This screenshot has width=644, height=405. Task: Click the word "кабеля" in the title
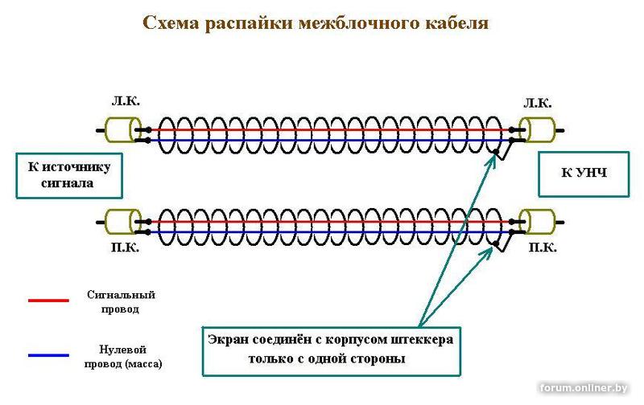[456, 23]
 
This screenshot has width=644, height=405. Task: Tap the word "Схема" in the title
[171, 22]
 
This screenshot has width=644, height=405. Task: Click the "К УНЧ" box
[584, 174]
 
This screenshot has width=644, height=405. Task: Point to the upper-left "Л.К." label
[126, 100]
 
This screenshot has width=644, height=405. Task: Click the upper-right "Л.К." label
[537, 104]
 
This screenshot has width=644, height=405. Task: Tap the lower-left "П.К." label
[126, 247]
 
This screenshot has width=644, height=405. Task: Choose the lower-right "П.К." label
[542, 247]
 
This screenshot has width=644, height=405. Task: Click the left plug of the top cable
[122, 130]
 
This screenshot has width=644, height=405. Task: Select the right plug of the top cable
[537, 130]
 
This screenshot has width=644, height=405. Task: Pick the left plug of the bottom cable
[122, 222]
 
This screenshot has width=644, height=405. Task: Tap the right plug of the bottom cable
[537, 222]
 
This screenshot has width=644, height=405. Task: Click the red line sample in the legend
[48, 301]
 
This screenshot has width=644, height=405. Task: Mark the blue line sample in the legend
[48, 355]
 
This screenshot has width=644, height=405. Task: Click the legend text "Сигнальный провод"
[121, 301]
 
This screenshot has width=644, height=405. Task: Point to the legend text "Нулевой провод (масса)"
[123, 356]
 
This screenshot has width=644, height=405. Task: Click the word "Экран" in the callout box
[227, 340]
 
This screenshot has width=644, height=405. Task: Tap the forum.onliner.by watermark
[584, 388]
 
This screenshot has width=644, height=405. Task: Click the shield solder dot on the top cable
[496, 152]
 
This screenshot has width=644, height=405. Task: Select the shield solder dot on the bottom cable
[496, 244]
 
